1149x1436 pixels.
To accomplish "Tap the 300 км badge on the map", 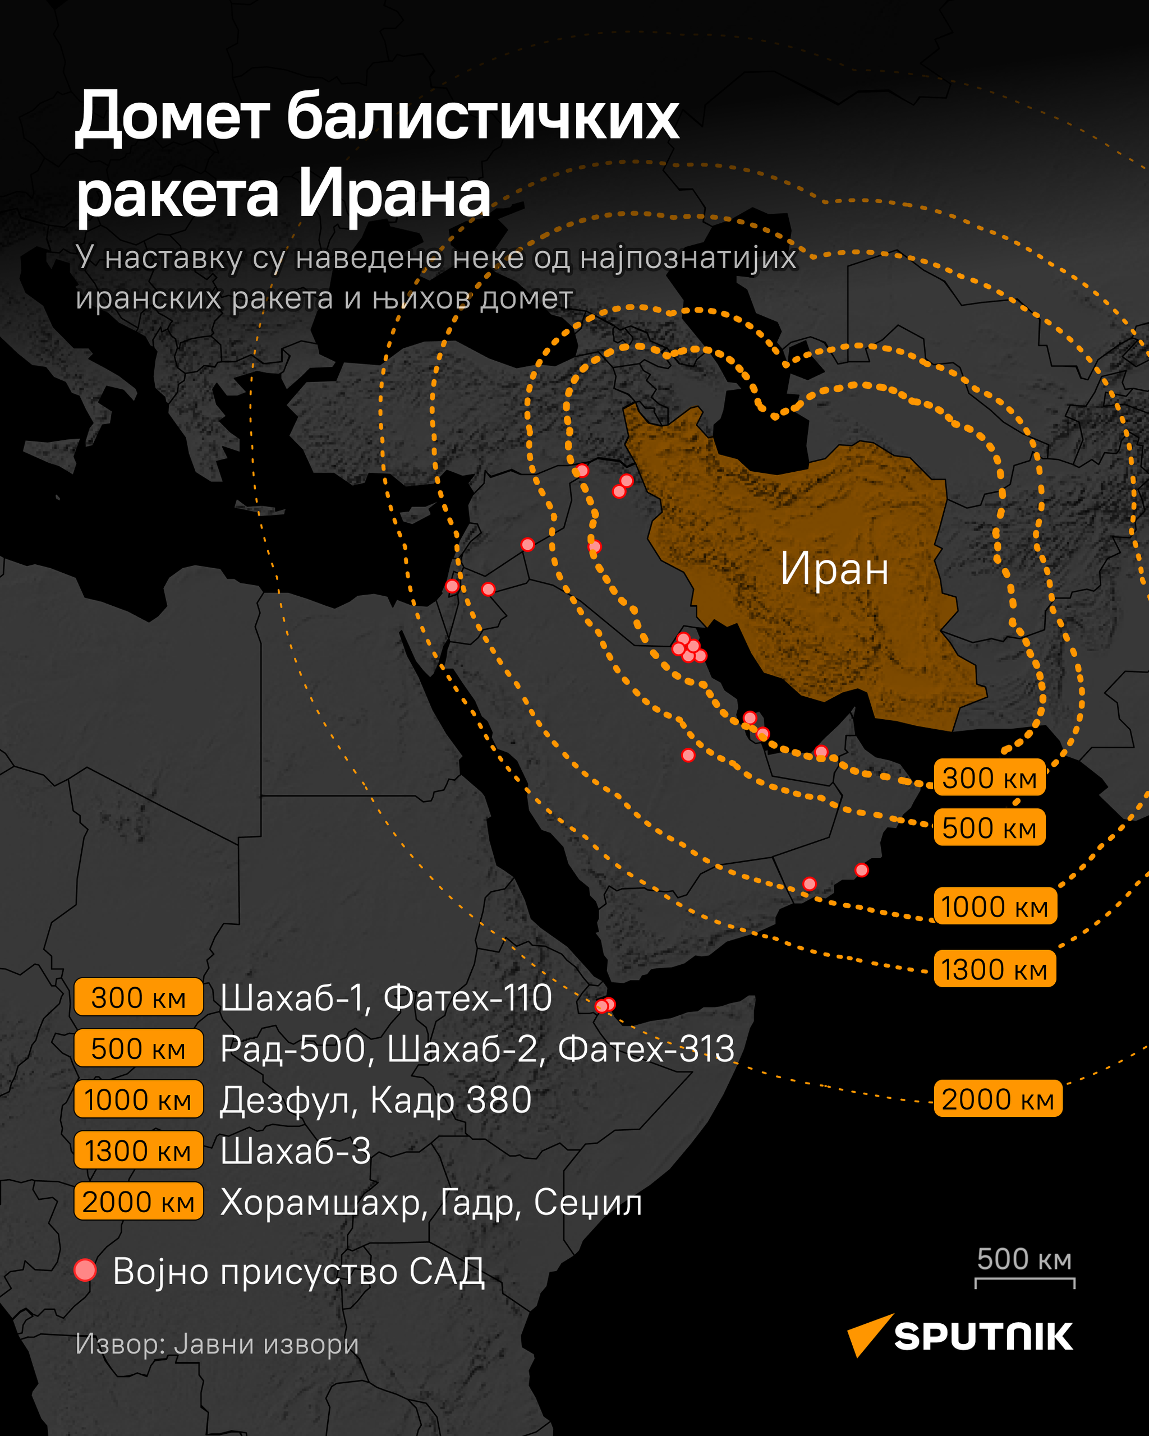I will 989,778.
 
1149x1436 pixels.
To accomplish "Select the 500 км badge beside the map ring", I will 989,828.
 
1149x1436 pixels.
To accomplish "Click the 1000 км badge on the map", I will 995,906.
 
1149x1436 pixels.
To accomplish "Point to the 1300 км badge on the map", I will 995,969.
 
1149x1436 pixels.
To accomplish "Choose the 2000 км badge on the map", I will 998,1099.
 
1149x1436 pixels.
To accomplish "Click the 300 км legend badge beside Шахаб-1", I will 139,998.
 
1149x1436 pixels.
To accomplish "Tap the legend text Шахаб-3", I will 296,1151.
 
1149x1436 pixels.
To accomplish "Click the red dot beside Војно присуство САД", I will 85,1270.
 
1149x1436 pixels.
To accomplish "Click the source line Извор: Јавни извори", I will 217,1343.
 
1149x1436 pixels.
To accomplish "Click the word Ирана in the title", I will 393,195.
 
